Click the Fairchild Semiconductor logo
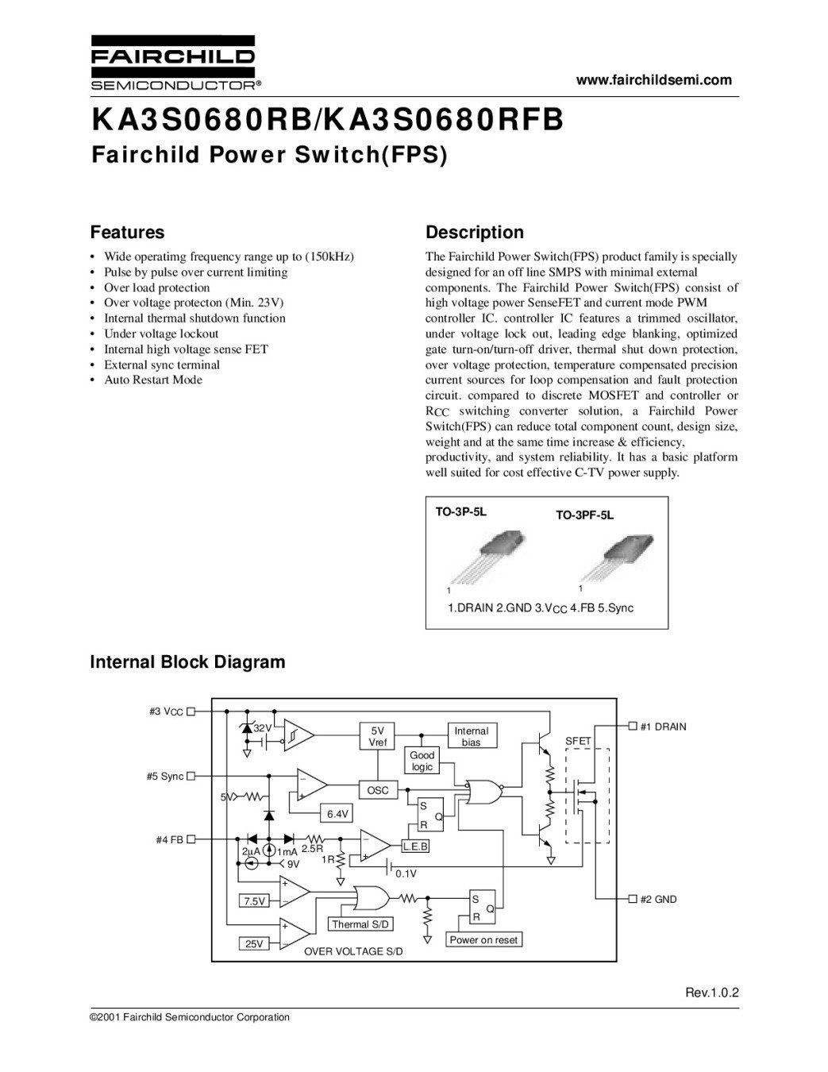tap(172, 63)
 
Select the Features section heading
tap(128, 233)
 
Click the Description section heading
tap(475, 233)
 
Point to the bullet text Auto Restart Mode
tap(153, 380)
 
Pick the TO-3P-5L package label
tap(460, 512)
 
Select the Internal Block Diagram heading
tap(187, 662)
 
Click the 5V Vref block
tap(378, 736)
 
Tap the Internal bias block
tap(471, 736)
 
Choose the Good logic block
tap(422, 761)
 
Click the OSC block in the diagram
tap(378, 791)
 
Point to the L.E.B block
tap(415, 847)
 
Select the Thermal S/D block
tap(361, 924)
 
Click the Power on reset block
tap(483, 940)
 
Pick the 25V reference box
tap(254, 944)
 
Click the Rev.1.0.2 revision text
tap(712, 993)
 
